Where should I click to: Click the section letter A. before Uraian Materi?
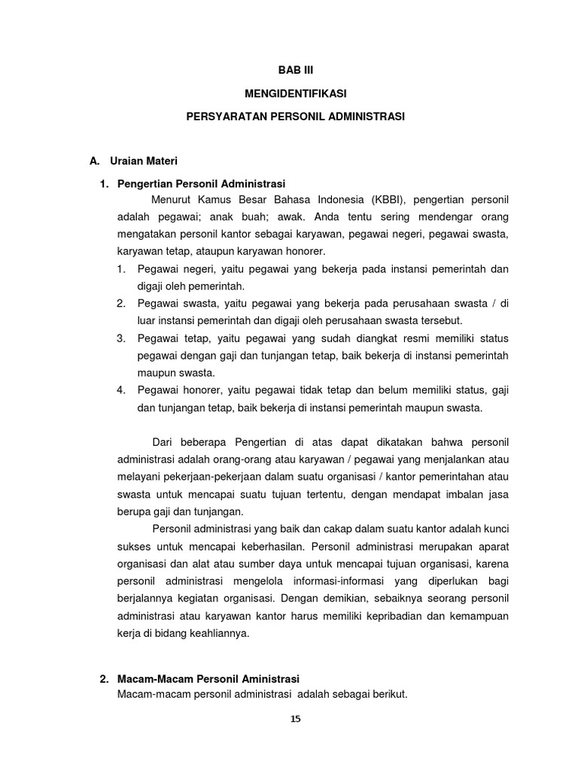tap(95, 161)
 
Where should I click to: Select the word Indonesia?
tap(337, 199)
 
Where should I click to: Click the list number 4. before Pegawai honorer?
tap(121, 390)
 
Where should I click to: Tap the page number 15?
tap(295, 719)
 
